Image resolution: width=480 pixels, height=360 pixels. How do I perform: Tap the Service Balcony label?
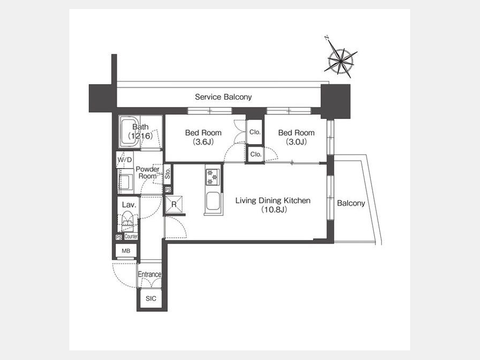click(223, 97)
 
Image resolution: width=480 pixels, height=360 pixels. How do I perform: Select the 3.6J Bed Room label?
click(203, 137)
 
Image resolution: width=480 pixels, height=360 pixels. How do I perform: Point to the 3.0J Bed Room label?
click(297, 137)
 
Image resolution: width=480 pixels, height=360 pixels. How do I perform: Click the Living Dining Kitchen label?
click(273, 205)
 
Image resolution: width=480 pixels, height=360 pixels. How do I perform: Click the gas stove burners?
click(212, 177)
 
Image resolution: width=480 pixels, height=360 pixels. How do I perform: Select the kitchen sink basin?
click(212, 201)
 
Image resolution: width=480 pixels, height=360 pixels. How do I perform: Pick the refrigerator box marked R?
click(174, 204)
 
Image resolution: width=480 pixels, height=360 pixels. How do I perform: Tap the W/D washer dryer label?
click(125, 160)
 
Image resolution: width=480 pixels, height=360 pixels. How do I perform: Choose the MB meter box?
click(126, 251)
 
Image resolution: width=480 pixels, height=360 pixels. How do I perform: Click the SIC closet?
click(151, 299)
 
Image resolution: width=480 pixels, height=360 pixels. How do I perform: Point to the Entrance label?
click(150, 274)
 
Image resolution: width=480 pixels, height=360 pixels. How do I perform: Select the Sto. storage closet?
click(167, 174)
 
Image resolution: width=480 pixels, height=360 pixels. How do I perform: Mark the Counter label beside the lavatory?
click(131, 236)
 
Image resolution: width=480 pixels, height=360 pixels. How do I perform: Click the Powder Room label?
click(148, 173)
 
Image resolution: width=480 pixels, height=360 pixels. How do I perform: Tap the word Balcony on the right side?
click(351, 203)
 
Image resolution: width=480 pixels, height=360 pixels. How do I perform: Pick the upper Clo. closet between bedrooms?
click(255, 132)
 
